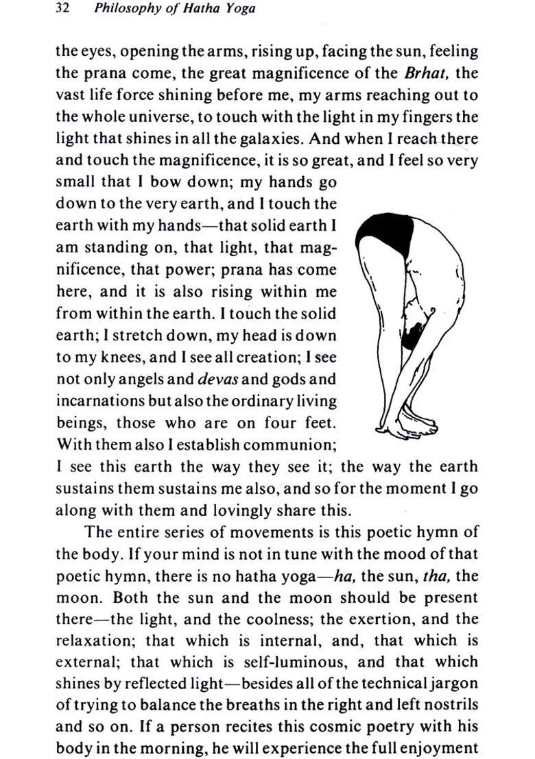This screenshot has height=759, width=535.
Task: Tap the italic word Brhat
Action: pyautogui.click(x=425, y=73)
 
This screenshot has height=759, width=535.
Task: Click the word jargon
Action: pyautogui.click(x=453, y=684)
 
